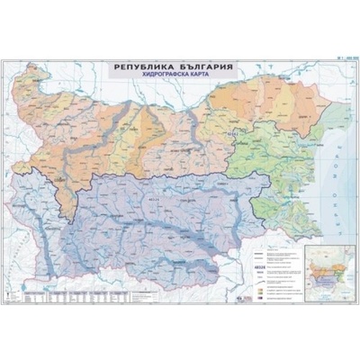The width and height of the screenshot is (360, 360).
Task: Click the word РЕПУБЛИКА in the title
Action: coord(144,67)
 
